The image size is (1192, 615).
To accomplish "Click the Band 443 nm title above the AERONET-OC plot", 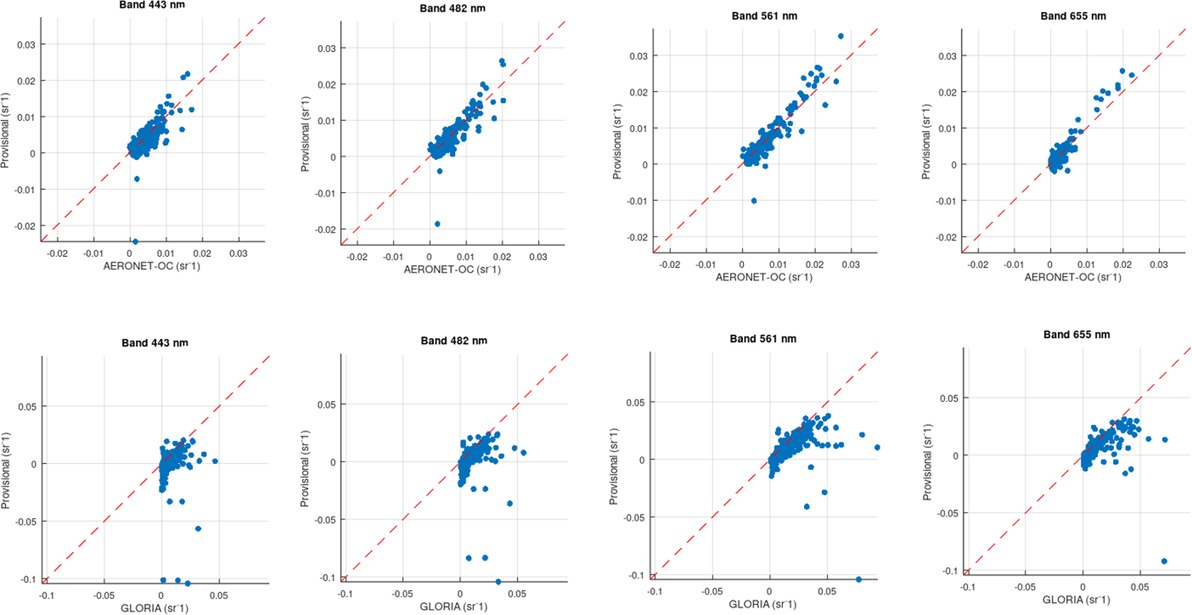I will click(x=152, y=5).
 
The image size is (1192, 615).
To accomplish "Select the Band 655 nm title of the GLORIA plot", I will click(x=1076, y=335).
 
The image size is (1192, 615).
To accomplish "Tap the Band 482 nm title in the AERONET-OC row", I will click(x=452, y=9).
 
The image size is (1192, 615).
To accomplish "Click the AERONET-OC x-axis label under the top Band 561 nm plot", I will click(x=764, y=277).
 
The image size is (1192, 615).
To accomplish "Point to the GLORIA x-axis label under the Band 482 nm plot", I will click(x=453, y=606).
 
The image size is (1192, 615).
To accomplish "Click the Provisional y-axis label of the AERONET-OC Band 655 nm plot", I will click(x=926, y=141).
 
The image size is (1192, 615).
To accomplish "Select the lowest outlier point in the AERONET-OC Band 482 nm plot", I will click(x=437, y=224).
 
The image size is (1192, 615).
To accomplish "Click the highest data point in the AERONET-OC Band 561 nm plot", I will click(x=840, y=36).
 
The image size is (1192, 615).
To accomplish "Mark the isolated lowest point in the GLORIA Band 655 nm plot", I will click(x=1164, y=561).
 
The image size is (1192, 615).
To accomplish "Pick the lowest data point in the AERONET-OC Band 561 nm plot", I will click(x=754, y=201).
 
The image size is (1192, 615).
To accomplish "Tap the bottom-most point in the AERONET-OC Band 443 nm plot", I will click(x=135, y=241).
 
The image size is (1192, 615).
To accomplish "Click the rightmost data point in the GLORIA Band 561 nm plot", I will click(x=877, y=447).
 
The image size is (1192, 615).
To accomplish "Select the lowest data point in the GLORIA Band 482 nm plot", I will click(x=498, y=582).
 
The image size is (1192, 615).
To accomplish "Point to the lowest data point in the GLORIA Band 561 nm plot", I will click(x=859, y=579).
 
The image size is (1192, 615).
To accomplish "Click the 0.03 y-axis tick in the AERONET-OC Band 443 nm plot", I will click(x=26, y=45).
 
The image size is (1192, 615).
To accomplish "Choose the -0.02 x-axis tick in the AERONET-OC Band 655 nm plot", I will click(x=977, y=265).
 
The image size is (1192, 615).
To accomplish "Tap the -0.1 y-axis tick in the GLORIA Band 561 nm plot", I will click(x=636, y=575).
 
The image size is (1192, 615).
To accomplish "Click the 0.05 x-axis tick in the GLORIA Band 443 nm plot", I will click(x=219, y=595).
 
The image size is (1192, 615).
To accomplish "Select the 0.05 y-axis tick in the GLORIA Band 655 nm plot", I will click(x=949, y=398).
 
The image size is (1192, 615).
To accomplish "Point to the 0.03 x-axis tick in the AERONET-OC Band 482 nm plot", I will click(x=538, y=257).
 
